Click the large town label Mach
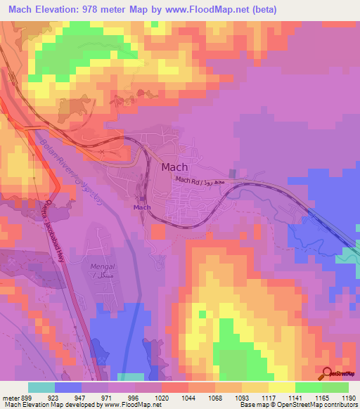pos(174,168)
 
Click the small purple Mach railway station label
pos(142,207)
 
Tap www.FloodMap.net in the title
pos(209,10)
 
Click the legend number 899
pos(26,397)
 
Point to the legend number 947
pos(80,397)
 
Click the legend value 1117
pos(267,397)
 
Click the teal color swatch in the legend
pos(41,387)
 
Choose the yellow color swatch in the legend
pos(281,387)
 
